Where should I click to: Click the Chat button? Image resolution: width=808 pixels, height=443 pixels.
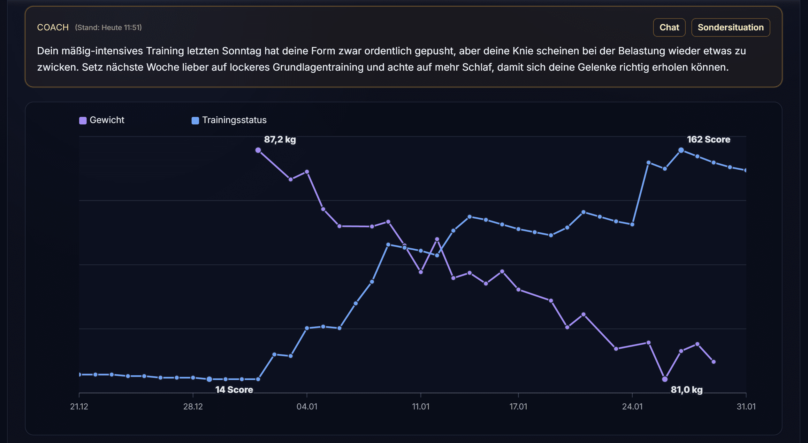669,27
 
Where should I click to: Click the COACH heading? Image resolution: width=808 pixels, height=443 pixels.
53,27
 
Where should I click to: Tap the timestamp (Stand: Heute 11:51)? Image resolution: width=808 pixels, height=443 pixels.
108,27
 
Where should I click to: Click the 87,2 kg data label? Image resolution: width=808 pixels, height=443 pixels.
280,140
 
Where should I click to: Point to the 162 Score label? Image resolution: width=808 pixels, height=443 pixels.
708,140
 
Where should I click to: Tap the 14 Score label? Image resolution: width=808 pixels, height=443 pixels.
234,390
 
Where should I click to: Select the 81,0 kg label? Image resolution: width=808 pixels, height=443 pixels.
686,390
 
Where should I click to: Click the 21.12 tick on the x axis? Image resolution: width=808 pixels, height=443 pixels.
79,407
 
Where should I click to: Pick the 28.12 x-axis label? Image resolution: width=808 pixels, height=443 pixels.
193,407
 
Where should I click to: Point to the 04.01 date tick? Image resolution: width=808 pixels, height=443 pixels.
307,407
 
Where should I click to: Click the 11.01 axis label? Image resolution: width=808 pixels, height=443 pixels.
421,407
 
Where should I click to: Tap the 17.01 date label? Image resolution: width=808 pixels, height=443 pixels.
518,407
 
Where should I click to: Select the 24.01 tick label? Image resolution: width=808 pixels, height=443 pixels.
632,407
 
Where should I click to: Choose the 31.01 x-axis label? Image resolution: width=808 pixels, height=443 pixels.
746,407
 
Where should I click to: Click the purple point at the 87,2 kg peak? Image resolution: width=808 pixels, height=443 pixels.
258,150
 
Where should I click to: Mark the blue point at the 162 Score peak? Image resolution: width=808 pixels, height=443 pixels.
681,150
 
